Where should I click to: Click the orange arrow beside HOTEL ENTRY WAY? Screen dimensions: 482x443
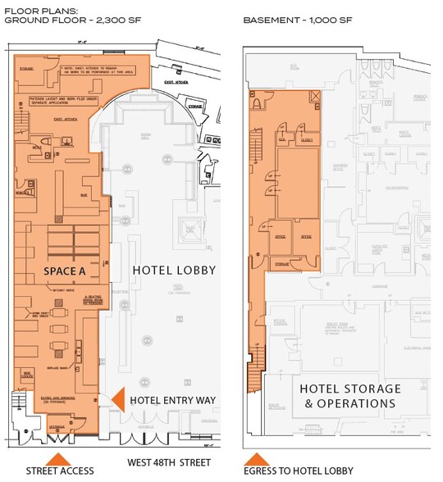coord(117,399)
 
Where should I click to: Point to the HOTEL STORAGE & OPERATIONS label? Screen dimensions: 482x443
coord(349,395)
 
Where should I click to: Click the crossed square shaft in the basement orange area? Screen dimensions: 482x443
coord(314,97)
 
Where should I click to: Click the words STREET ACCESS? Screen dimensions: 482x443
coord(60,471)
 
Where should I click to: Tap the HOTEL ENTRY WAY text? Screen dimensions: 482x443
coord(172,399)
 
